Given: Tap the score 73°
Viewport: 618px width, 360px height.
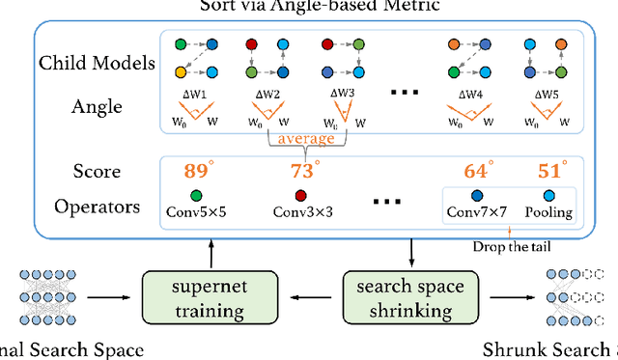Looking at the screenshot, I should pos(304,172).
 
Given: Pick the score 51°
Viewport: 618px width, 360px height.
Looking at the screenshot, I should pos(551,172).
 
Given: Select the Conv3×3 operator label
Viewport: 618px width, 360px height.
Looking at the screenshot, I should pos(303,211).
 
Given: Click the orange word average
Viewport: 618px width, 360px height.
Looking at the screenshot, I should pos(300,138).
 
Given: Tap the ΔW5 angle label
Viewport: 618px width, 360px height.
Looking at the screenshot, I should pos(548,95).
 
